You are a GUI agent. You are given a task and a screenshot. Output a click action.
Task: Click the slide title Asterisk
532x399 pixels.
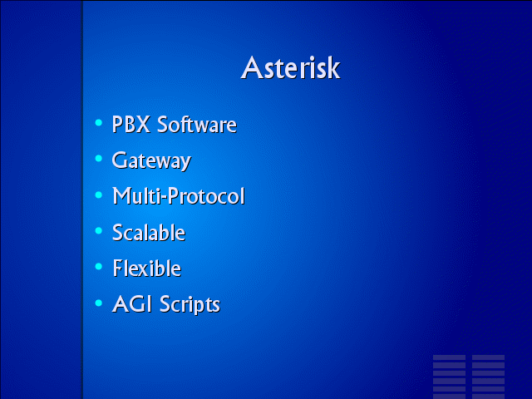click(x=290, y=68)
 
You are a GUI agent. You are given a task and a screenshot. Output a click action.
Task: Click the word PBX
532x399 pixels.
click(x=131, y=124)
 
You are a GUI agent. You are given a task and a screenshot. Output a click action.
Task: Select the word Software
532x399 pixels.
click(x=197, y=124)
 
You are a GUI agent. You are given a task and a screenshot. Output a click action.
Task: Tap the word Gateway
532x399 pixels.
click(x=151, y=160)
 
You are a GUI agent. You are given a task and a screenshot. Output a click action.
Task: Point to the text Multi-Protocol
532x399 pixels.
click(x=179, y=196)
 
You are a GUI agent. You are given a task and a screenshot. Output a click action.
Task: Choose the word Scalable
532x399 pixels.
click(x=149, y=233)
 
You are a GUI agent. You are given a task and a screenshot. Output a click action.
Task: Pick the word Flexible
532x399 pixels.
click(x=147, y=268)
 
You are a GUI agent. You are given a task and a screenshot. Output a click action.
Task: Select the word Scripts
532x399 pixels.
click(x=190, y=305)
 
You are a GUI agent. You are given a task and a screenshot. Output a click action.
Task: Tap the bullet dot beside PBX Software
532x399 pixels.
click(x=99, y=122)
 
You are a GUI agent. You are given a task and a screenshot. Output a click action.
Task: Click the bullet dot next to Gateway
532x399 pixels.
click(x=99, y=159)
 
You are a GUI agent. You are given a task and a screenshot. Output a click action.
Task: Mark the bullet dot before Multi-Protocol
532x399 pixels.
click(x=99, y=195)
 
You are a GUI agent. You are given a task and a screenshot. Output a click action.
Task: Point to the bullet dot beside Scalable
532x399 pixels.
click(x=99, y=231)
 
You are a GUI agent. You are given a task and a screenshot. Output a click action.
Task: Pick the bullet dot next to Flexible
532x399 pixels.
click(x=99, y=267)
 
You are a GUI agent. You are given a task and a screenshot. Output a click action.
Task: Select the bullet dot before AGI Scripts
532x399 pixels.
click(x=99, y=303)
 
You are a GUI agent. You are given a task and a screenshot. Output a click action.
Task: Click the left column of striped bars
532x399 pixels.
click(x=449, y=377)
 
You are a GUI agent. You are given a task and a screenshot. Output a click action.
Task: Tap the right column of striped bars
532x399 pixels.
click(x=488, y=377)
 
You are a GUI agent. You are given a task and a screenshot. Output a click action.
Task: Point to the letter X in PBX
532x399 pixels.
click(x=143, y=125)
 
